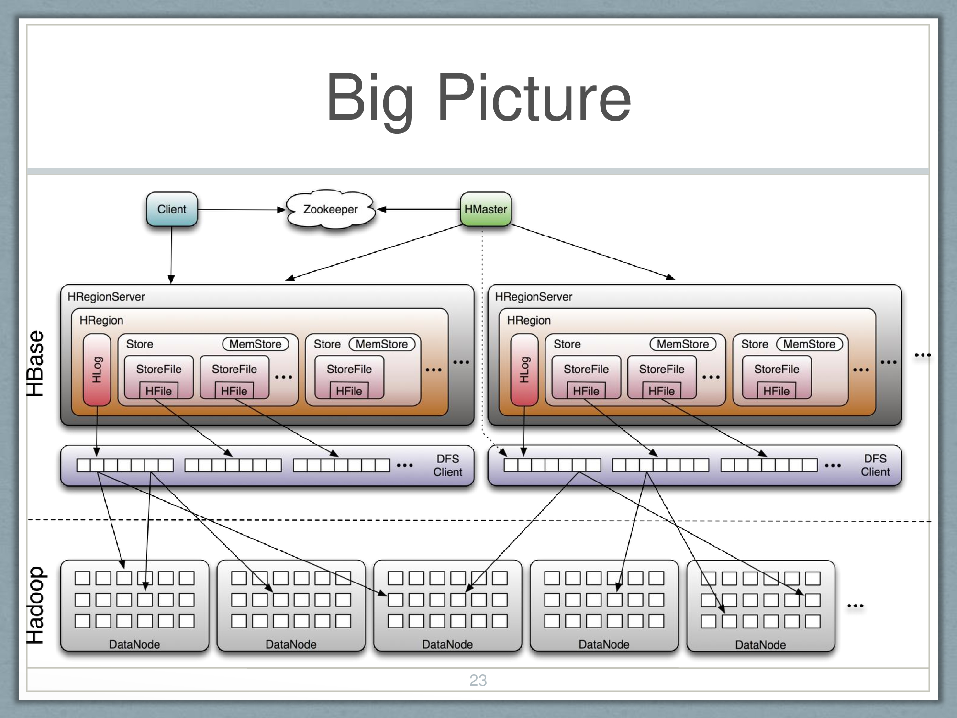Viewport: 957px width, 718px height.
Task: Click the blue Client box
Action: pos(172,209)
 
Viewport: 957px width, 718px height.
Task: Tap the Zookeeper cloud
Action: pos(331,209)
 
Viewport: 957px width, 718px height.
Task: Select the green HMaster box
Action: pos(486,209)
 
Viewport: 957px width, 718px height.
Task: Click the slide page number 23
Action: pos(478,680)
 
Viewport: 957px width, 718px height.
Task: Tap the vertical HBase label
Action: pos(35,364)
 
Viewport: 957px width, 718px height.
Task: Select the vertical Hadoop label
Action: pos(35,606)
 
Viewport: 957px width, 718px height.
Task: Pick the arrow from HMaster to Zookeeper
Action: pos(419,209)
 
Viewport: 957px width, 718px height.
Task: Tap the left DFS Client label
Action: pos(448,465)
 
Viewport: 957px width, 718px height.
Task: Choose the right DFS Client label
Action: pos(875,465)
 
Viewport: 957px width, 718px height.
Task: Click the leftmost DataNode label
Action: pos(134,644)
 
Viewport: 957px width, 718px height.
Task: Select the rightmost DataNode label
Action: pos(760,645)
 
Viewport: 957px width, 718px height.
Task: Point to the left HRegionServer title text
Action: pos(106,297)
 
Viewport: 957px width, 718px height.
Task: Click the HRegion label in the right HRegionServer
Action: pos(529,320)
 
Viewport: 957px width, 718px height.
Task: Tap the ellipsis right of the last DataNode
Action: pos(855,606)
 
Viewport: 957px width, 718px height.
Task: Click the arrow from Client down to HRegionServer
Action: pos(171,254)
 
